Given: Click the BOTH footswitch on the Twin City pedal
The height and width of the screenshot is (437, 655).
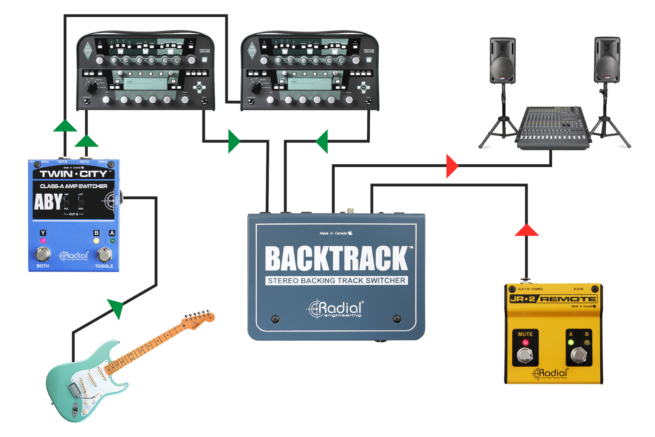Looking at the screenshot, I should [42, 254].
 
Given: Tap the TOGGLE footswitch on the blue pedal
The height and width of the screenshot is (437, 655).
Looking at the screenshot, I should [104, 254].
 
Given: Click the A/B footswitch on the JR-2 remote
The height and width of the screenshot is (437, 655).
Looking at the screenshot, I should [578, 354].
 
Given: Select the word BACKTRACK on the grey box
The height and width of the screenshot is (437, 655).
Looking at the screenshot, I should [336, 259].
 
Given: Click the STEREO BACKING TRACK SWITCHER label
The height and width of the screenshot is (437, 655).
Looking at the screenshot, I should [336, 281].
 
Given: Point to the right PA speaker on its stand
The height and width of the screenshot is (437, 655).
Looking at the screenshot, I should [607, 60].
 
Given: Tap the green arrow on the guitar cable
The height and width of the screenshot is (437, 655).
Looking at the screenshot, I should [116, 307].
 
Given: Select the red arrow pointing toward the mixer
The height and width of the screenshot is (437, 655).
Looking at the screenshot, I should [451, 166].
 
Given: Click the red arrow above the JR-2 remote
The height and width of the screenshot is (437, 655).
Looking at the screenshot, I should [527, 231].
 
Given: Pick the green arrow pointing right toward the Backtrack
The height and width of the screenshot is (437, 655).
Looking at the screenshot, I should [234, 141].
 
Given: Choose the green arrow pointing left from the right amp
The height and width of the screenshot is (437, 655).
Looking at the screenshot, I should [323, 141].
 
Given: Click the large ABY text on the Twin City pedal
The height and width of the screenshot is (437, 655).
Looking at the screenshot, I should [47, 202].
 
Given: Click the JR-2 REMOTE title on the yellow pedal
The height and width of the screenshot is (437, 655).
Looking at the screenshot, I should [553, 299].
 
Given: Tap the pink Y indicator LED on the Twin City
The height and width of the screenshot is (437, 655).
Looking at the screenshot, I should [43, 241].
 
